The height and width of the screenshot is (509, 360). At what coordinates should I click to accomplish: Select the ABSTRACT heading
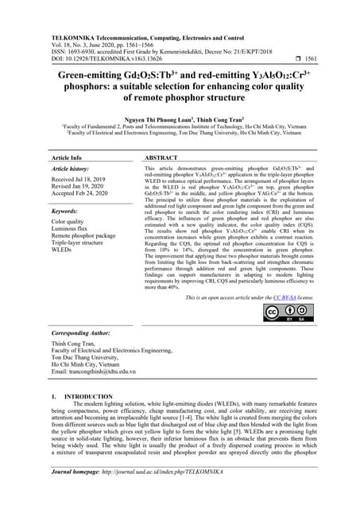[162, 158]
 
